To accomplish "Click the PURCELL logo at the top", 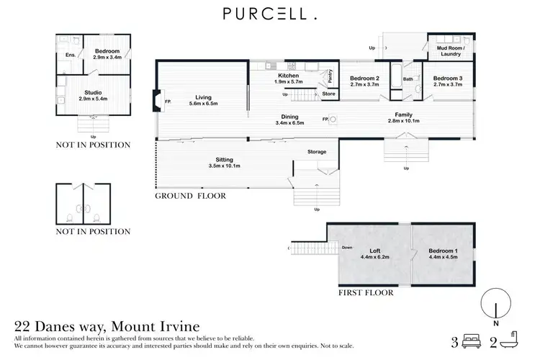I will pyautogui.click(x=270, y=14).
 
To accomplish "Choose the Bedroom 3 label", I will pyautogui.click(x=446, y=81).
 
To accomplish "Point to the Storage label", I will pyautogui.click(x=317, y=152).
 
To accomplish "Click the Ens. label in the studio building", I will pyautogui.click(x=71, y=55).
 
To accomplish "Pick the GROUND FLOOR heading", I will pyautogui.click(x=191, y=196).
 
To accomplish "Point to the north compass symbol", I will pyautogui.click(x=496, y=302).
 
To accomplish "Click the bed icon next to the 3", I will pyautogui.click(x=471, y=341).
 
